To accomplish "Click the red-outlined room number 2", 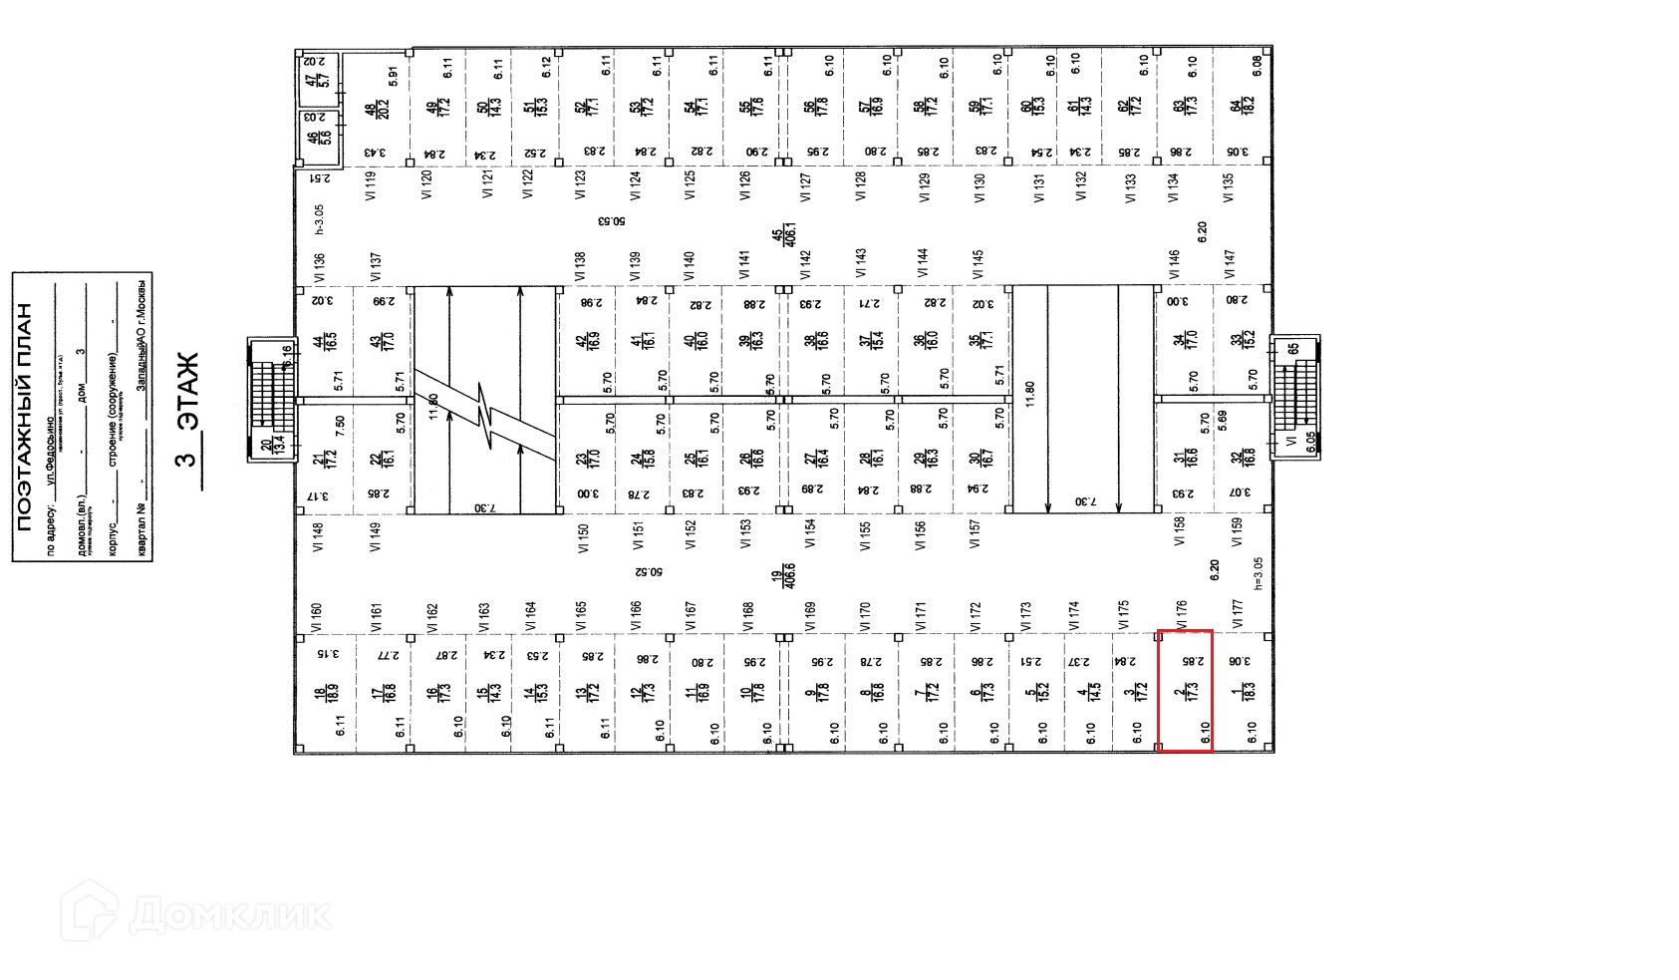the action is pos(1183,690).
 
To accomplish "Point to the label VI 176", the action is pos(1183,613).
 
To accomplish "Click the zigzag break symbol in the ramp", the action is pos(486,414).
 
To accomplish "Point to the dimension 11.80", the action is pos(1030,391).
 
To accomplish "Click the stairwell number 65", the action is pos(1293,348).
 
